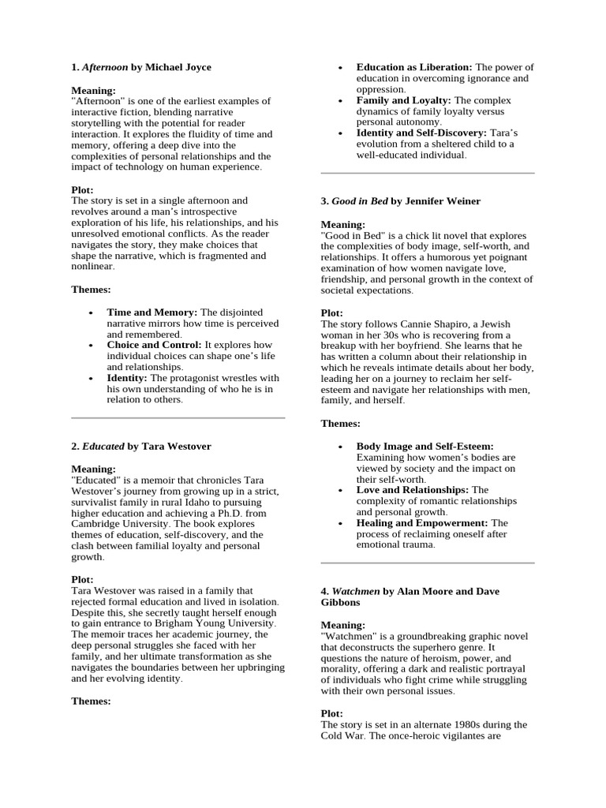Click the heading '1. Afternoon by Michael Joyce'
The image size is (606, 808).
click(141, 68)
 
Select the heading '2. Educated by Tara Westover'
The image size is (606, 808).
click(141, 446)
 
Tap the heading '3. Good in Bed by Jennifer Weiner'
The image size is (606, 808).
click(400, 201)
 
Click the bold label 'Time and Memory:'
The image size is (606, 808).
click(152, 312)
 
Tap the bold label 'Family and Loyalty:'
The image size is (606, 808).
click(403, 100)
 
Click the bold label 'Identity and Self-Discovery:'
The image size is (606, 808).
click(421, 133)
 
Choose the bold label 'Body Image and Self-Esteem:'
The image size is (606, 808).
click(425, 446)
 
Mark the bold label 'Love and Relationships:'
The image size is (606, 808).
click(413, 489)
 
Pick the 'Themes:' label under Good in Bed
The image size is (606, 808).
click(340, 424)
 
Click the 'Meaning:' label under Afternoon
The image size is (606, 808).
click(93, 91)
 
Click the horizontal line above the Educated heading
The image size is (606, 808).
click(178, 418)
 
